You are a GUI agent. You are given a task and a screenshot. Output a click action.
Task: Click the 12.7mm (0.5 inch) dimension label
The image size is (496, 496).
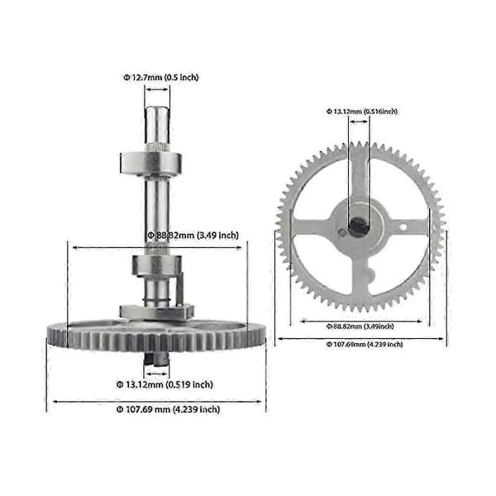160,78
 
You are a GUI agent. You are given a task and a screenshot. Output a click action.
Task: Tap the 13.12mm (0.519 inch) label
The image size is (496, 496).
165,384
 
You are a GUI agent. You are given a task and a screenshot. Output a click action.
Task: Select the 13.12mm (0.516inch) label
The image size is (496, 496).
362,112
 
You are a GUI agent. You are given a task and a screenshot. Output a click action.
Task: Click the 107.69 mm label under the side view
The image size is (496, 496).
168,409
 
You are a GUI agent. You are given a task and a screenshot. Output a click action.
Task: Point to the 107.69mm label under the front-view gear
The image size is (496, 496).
365,344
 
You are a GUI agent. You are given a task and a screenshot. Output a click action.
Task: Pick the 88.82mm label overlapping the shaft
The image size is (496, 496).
193,236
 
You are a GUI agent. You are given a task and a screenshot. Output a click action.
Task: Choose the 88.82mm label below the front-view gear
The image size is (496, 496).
360,327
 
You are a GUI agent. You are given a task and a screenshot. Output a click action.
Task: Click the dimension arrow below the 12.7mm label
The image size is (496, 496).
157,89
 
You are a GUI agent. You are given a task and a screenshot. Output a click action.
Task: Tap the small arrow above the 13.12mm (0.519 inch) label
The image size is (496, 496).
156,374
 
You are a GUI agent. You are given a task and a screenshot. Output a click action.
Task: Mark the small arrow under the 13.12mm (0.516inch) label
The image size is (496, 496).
359,122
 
